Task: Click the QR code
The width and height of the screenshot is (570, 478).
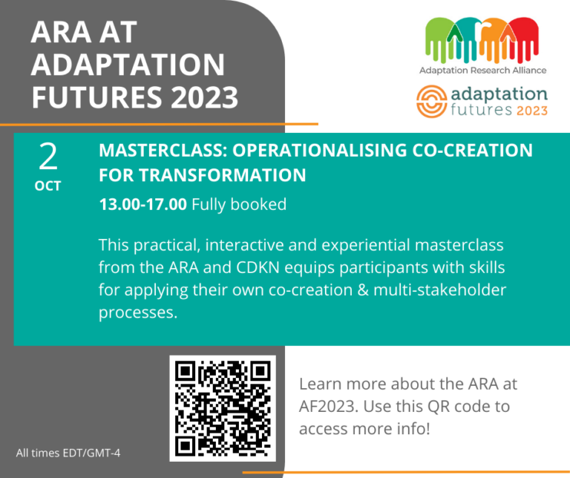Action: coord(222,409)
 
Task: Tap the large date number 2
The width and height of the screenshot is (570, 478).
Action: coord(47,157)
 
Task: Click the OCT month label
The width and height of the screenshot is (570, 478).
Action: coord(47,186)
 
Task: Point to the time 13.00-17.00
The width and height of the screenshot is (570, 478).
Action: coord(142,204)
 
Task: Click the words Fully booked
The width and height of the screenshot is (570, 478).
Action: coord(239,204)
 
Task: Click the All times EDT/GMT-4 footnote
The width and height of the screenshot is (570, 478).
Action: coord(68,453)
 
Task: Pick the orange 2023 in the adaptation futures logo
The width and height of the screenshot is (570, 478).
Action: coord(531,111)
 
